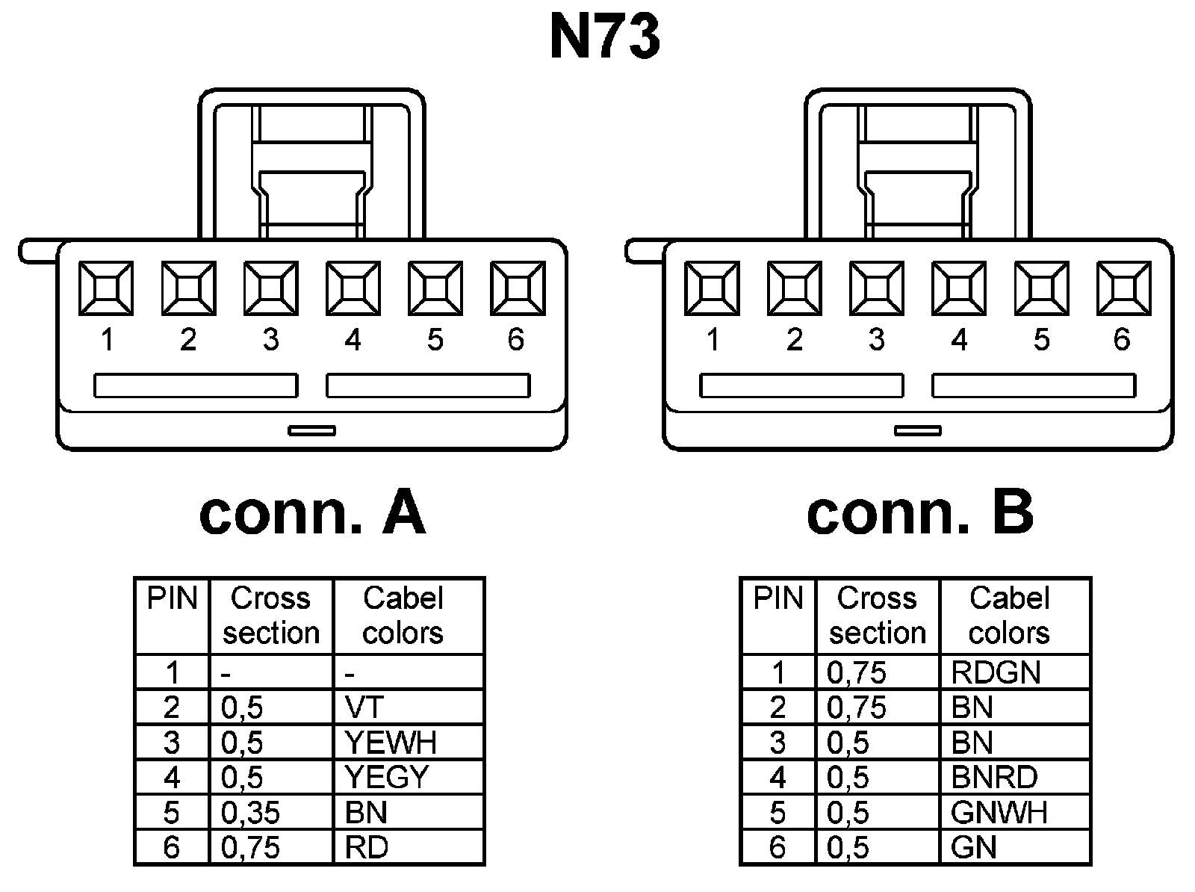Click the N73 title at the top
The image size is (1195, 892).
(604, 37)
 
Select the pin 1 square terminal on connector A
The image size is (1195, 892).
(107, 288)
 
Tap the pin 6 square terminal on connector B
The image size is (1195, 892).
(1123, 288)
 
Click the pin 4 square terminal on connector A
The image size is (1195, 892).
(353, 288)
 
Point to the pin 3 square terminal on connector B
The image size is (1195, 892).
(877, 288)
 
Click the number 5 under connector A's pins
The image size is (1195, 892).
(435, 340)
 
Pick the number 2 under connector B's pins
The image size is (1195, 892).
(794, 340)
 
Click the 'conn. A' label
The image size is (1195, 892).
(312, 514)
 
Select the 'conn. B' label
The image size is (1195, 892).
(919, 514)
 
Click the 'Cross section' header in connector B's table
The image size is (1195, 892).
(878, 616)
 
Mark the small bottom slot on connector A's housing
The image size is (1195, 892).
(312, 430)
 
